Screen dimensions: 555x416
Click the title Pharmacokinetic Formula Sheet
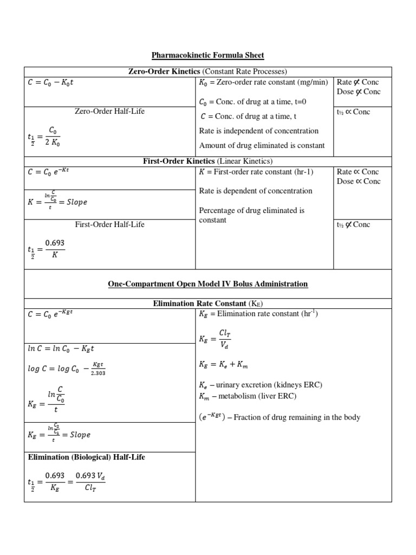[x=207, y=56]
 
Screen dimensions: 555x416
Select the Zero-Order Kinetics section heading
[x=207, y=72]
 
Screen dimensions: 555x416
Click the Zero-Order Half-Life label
[x=109, y=111]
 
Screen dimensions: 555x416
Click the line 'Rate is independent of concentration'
[x=259, y=131]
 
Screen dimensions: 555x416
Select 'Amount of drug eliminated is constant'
[x=262, y=145]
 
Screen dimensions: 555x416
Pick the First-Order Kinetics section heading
[x=207, y=161]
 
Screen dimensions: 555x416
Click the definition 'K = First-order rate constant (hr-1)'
[x=256, y=172]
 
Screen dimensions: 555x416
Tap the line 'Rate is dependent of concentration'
[x=256, y=191]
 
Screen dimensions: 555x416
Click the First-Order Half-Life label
[x=109, y=224]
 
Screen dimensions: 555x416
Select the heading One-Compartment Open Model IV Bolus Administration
[x=207, y=283]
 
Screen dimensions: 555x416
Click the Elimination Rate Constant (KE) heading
[x=207, y=304]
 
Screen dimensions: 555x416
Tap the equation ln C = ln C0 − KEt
[x=64, y=349]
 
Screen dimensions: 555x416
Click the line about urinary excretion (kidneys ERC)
[x=261, y=385]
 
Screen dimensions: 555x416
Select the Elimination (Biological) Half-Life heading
[x=86, y=457]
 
